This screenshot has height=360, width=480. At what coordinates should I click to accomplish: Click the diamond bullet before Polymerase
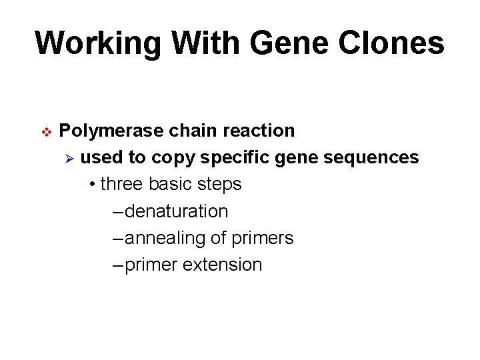tap(46, 132)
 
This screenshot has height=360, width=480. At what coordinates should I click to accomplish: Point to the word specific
tap(232, 157)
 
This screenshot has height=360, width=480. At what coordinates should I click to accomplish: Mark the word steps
tap(221, 184)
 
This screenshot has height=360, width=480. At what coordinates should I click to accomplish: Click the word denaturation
tap(176, 211)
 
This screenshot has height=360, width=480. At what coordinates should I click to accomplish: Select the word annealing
tap(164, 238)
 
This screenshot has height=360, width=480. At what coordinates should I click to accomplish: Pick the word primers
tap(263, 238)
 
